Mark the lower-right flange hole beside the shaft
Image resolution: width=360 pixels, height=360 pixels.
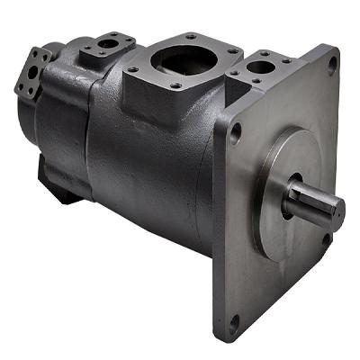click(327, 239)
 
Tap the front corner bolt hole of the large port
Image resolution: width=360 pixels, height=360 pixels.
click(175, 87)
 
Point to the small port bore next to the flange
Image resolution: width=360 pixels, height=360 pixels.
click(261, 67)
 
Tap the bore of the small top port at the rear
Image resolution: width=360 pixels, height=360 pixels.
click(109, 43)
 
